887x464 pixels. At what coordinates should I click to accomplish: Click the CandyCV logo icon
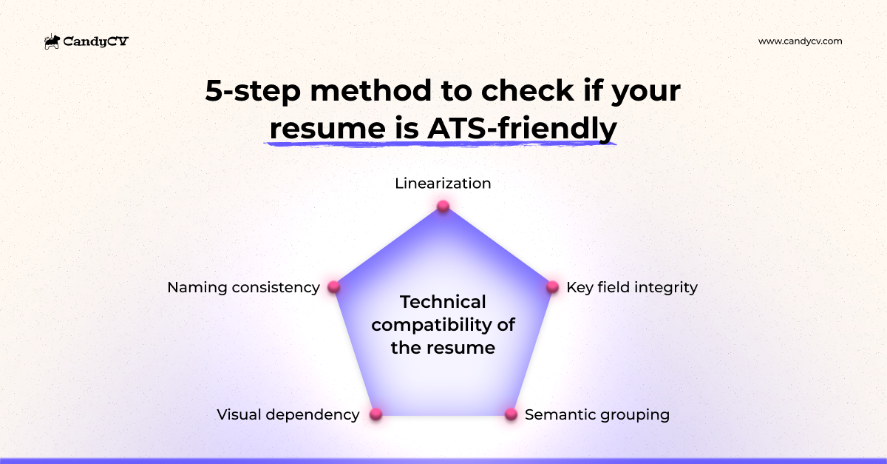click(52, 42)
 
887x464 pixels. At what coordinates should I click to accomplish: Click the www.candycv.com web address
click(800, 41)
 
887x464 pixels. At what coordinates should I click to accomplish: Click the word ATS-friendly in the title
click(522, 128)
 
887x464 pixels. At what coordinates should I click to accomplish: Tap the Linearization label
click(443, 184)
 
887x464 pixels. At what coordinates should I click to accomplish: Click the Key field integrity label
click(631, 287)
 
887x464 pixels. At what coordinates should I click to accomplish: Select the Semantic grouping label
click(597, 414)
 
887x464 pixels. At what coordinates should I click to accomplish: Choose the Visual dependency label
click(288, 414)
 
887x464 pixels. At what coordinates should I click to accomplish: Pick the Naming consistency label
click(243, 287)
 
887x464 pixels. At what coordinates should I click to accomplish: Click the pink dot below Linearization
click(443, 206)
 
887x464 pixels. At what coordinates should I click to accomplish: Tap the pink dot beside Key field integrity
click(552, 287)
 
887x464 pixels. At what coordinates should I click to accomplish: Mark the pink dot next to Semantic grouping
click(511, 414)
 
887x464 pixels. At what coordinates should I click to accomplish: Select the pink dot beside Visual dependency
click(375, 414)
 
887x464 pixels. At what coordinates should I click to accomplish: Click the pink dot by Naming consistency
click(333, 287)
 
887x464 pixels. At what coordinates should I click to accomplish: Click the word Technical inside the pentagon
click(443, 302)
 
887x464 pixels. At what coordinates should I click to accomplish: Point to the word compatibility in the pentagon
click(443, 325)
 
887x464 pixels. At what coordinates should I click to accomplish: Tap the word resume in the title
click(323, 128)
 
